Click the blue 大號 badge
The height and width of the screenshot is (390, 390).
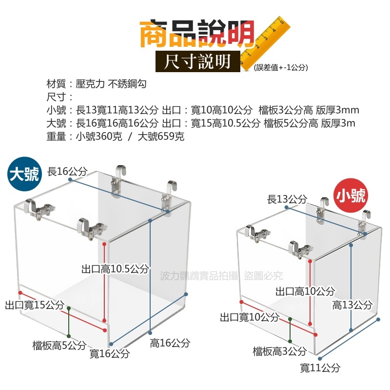pos(23,175)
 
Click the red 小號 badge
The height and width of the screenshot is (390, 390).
pos(350,196)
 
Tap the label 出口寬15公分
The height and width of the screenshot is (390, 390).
pos(35,305)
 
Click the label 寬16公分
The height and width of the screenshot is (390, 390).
pos(109,353)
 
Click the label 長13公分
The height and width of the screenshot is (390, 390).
pos(287,199)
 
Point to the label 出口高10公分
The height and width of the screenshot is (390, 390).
pos(305,292)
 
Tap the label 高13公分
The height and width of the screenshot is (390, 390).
pos(352,305)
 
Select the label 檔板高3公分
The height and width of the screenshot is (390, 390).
pos(279,351)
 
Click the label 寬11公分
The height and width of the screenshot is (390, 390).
pos(320,368)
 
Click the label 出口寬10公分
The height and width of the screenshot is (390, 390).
pos(249,317)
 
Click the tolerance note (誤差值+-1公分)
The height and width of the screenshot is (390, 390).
pos(281,68)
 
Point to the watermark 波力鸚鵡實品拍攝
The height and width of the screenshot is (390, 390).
pos(199,276)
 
